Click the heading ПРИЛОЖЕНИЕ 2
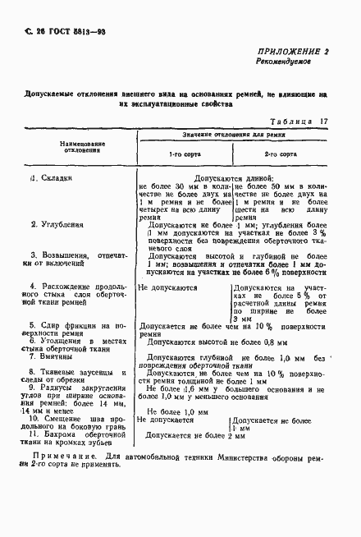pos(292,51)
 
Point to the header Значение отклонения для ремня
pos(234,133)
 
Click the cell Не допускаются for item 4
pos(167,288)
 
